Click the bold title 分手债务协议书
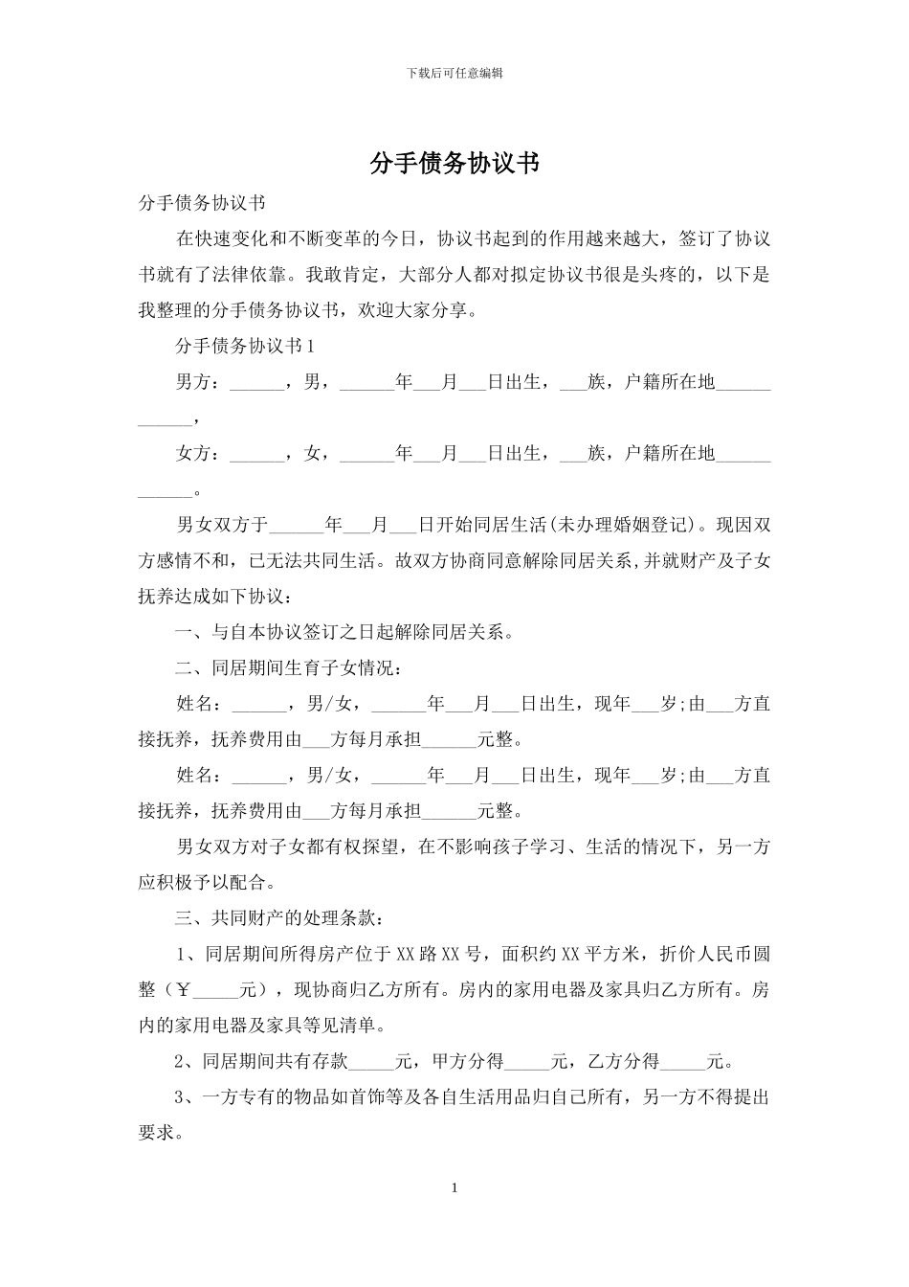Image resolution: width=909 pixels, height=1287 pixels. pyautogui.click(x=454, y=164)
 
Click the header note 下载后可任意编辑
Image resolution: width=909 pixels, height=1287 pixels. pyautogui.click(x=454, y=73)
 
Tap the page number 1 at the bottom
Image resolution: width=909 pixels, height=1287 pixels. pyautogui.click(x=454, y=1188)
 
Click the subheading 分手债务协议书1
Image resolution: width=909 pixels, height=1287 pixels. pyautogui.click(x=245, y=347)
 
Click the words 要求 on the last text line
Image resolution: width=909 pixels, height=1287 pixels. pyautogui.click(x=156, y=1133)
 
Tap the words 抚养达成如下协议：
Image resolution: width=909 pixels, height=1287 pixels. pyautogui.click(x=219, y=597)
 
